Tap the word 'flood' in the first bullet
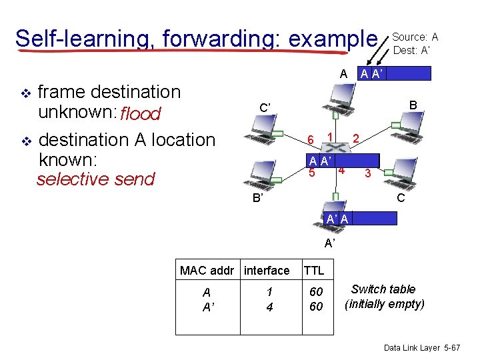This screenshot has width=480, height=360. (140, 114)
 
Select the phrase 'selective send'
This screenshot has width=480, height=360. (95, 179)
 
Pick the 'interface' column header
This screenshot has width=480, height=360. (267, 270)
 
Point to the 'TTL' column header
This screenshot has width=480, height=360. (313, 270)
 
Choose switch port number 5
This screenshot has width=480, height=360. (311, 173)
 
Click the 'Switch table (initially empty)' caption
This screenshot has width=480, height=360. (384, 296)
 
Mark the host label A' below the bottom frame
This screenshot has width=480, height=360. (329, 243)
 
